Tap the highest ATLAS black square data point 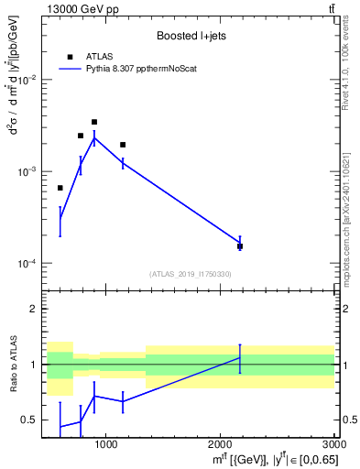(x=93, y=122)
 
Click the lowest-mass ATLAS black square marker (x=60, y=188)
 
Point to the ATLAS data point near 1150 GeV (x=123, y=145)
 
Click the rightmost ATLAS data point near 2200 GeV (x=240, y=246)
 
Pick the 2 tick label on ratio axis (x=33, y=309)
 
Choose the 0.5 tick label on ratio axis (x=30, y=420)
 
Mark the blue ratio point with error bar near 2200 (x=240, y=358)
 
